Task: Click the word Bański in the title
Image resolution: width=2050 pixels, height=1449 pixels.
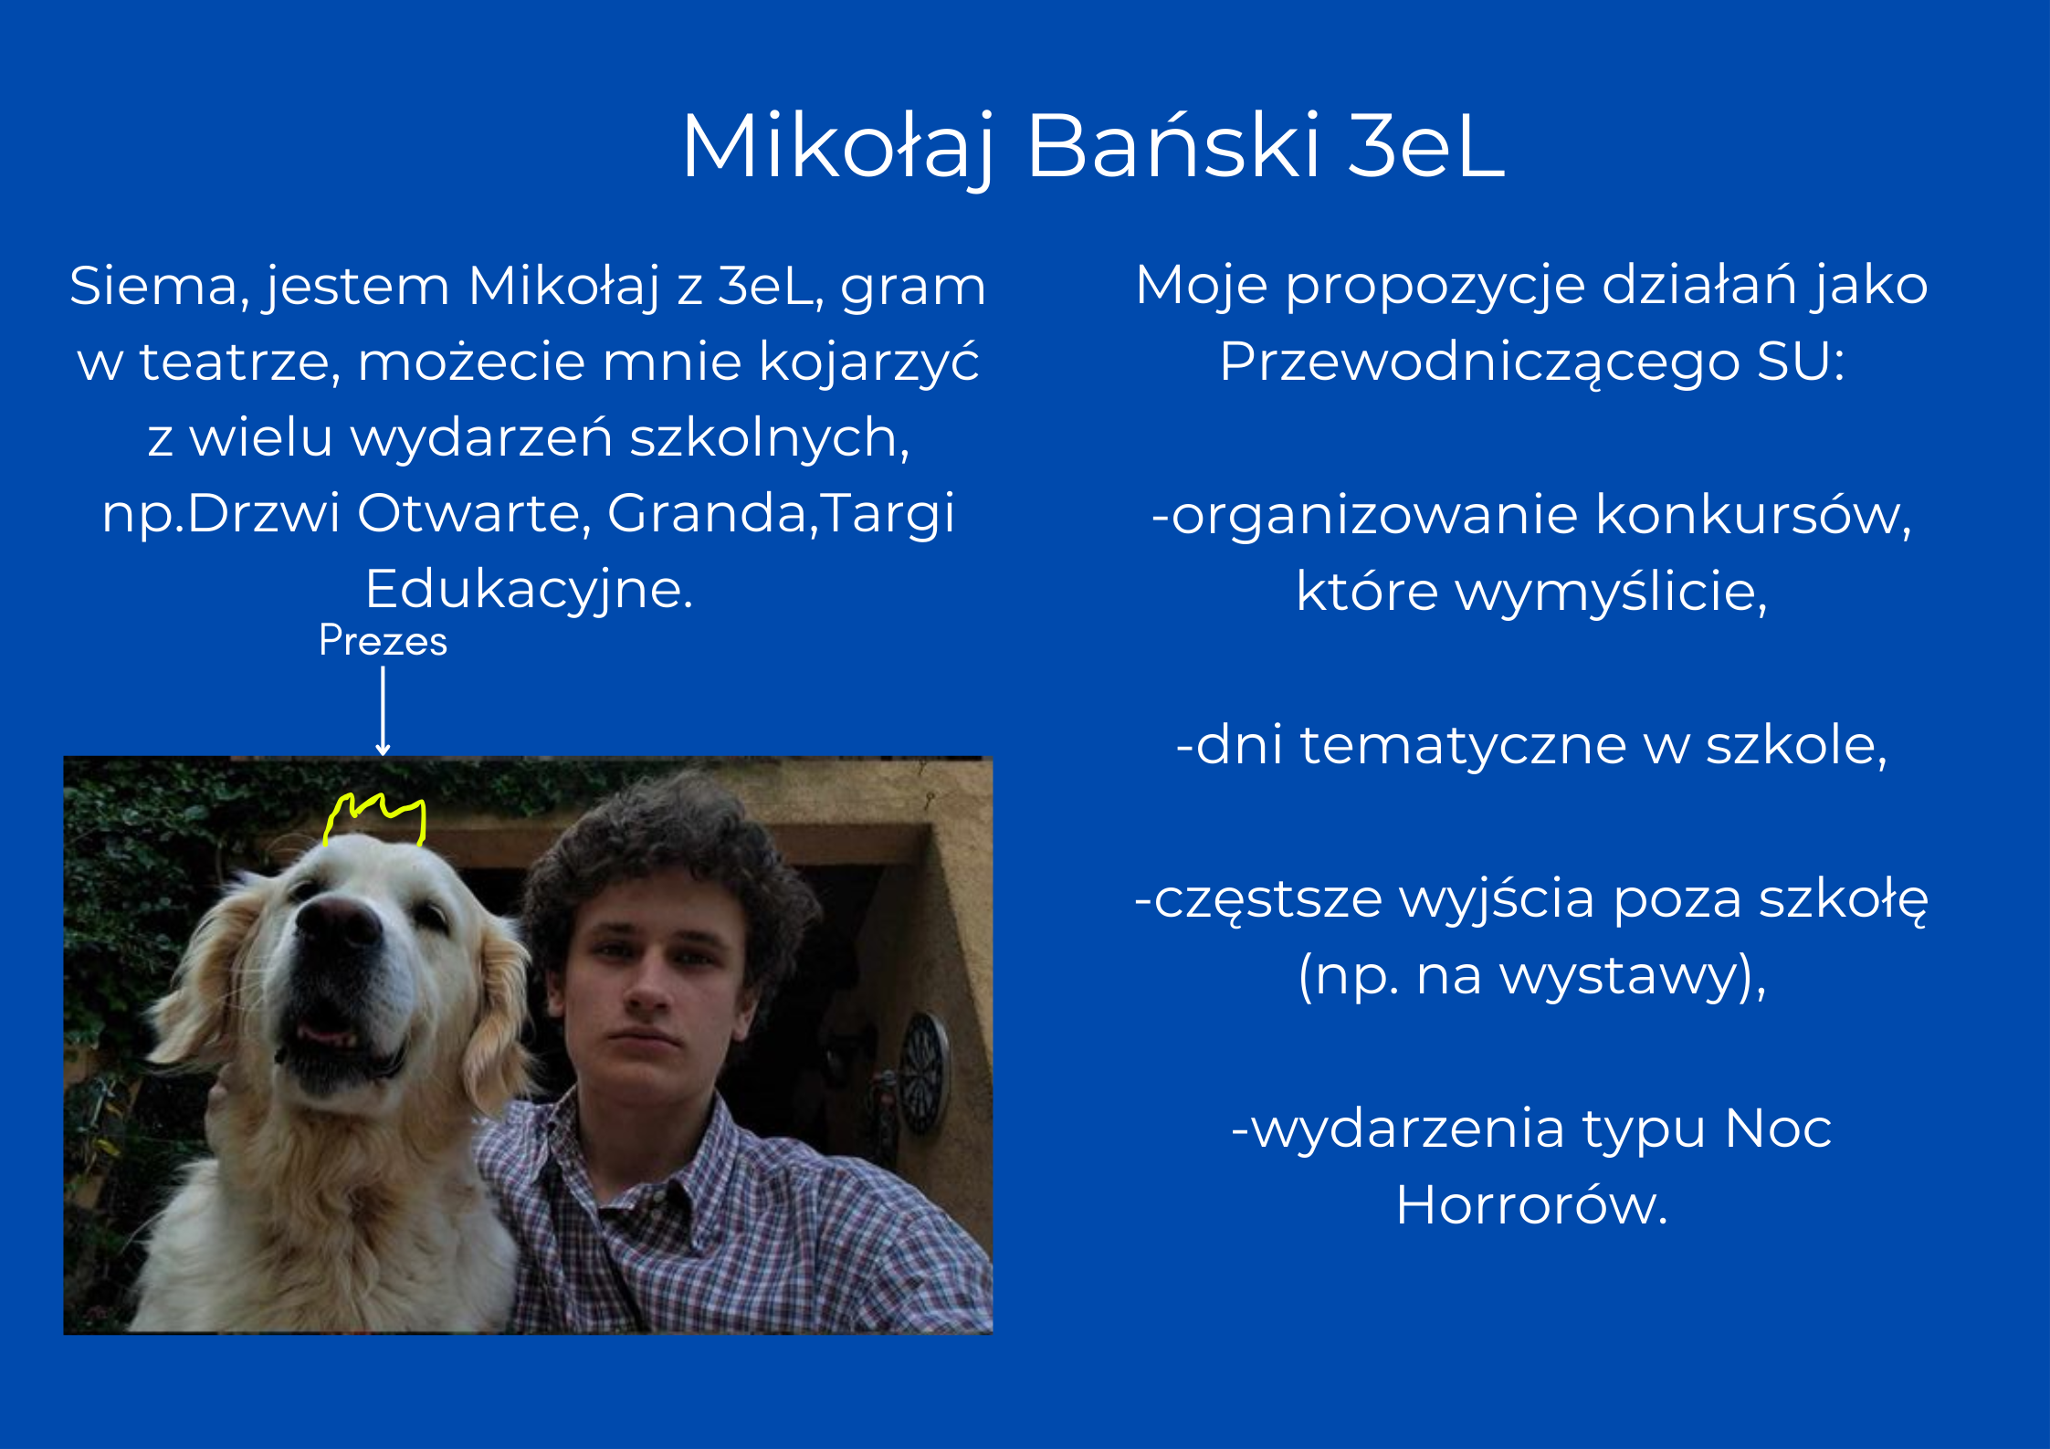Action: tap(1173, 145)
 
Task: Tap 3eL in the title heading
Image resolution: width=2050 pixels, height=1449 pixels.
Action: tap(1426, 145)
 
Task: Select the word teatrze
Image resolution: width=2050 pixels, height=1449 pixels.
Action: tap(240, 362)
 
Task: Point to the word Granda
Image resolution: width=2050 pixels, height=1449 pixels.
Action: tap(708, 513)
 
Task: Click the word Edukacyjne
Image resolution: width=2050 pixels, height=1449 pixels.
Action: tap(530, 590)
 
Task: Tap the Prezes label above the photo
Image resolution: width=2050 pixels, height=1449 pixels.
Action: tap(384, 640)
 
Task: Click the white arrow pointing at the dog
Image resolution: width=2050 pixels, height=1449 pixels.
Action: tap(384, 711)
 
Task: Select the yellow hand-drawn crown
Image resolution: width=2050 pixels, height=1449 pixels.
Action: tap(375, 819)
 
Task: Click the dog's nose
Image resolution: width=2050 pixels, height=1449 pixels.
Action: tap(338, 921)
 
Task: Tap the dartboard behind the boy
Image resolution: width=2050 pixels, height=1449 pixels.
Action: tap(924, 1072)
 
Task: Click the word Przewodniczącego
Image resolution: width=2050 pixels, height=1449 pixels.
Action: tap(1479, 363)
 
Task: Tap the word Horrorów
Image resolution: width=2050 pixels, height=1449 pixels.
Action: tap(1531, 1205)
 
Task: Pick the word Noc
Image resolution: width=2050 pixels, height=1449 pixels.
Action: tap(1778, 1129)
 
